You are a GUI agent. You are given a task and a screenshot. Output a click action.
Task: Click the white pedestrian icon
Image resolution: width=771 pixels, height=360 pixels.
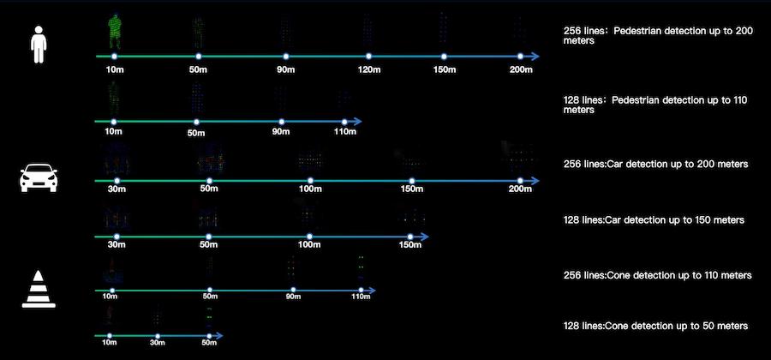38,44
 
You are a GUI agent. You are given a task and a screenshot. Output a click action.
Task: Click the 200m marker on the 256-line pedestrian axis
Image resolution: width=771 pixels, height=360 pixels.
521,57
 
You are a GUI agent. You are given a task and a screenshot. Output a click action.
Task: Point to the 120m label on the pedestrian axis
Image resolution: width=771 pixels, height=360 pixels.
369,69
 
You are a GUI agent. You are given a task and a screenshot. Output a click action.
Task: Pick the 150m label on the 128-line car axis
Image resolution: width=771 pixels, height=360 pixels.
410,246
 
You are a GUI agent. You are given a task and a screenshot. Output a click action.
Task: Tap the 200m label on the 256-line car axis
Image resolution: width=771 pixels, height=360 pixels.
519,189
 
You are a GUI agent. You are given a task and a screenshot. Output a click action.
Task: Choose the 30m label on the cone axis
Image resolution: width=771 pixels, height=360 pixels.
157,342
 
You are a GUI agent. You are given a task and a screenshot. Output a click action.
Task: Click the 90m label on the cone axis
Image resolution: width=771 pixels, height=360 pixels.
293,297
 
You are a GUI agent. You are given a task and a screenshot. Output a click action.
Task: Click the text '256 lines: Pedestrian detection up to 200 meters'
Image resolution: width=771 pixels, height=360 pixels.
658,35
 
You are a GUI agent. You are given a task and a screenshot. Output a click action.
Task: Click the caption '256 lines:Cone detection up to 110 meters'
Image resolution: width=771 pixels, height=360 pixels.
657,275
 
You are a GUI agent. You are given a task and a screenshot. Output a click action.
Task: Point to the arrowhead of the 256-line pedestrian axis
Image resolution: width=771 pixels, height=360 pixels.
534,57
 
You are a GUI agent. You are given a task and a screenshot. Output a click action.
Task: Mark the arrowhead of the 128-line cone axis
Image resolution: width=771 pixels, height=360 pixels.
218,334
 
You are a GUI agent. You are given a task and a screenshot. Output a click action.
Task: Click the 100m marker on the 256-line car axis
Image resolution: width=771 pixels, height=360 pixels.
310,180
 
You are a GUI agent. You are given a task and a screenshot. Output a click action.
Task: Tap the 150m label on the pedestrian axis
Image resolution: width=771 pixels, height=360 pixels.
443,69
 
